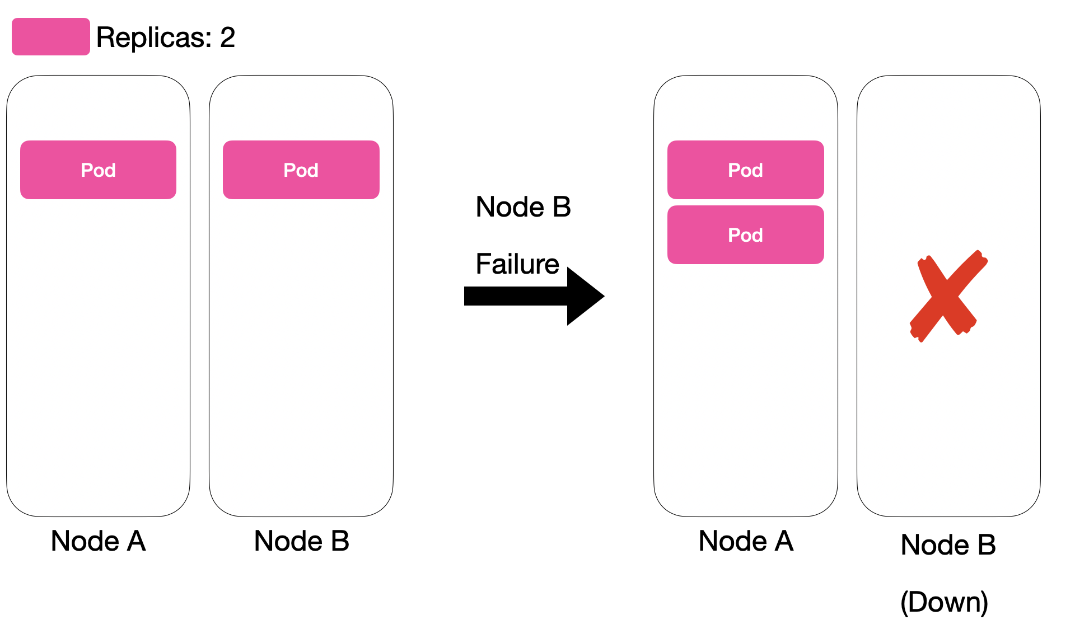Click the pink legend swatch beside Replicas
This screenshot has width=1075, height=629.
50,37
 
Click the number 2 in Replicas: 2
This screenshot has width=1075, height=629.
227,38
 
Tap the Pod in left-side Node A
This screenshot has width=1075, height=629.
98,170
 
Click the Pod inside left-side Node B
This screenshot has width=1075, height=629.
301,170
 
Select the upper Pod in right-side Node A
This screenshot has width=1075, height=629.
745,170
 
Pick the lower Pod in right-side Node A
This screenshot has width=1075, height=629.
745,235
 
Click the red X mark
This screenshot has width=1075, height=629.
947,295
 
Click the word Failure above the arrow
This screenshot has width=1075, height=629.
517,264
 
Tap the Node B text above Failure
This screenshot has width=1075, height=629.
523,207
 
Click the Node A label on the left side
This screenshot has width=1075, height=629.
98,541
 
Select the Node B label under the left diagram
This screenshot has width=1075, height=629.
301,541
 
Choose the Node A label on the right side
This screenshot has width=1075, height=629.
746,541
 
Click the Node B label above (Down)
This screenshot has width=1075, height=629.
948,545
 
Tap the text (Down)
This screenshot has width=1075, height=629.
944,602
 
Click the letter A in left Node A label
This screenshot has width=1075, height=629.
137,541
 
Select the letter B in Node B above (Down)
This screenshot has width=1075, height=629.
987,545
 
